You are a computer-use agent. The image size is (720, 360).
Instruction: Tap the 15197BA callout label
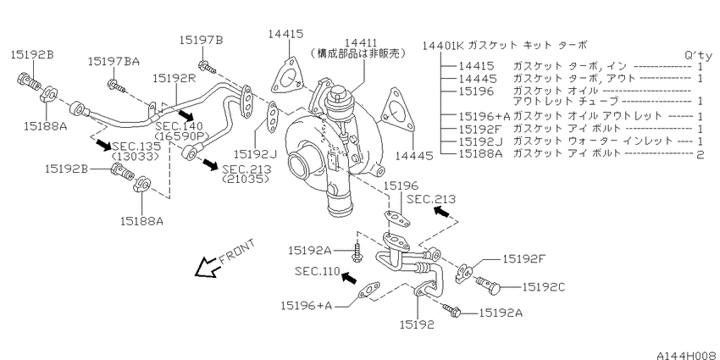[114, 61]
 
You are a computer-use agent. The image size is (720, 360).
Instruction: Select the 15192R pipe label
[175, 79]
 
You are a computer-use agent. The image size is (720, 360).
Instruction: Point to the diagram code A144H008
[688, 355]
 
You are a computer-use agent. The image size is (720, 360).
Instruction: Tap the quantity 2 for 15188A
[700, 154]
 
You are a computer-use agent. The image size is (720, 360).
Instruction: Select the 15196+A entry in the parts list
[484, 116]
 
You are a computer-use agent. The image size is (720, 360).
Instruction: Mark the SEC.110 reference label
[318, 271]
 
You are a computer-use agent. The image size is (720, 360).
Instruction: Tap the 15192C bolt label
[543, 287]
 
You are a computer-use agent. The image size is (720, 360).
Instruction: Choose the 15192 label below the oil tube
[417, 324]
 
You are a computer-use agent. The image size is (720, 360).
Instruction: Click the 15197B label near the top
[201, 40]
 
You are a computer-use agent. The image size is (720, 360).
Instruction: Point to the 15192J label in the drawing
[254, 152]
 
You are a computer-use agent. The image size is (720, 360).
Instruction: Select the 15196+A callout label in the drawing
[306, 305]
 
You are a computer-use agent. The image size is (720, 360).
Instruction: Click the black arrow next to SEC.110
[349, 277]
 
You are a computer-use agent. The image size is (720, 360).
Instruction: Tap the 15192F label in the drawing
[523, 259]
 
